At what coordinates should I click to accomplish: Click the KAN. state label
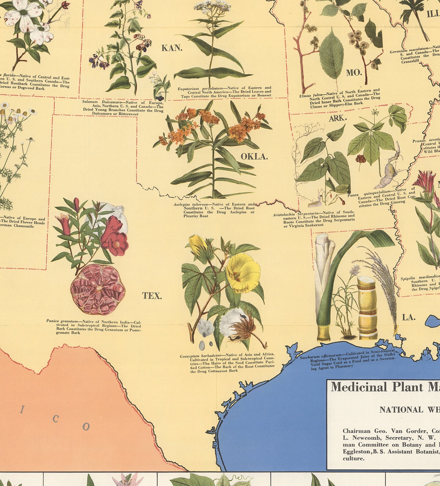(172, 48)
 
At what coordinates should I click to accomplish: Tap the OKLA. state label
(254, 157)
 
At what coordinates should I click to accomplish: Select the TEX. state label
(152, 296)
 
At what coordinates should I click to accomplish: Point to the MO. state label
(354, 73)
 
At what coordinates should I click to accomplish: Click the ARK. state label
(338, 119)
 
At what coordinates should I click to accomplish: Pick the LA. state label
(409, 317)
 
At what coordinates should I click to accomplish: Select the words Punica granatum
(61, 321)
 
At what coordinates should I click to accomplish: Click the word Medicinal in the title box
(355, 387)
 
